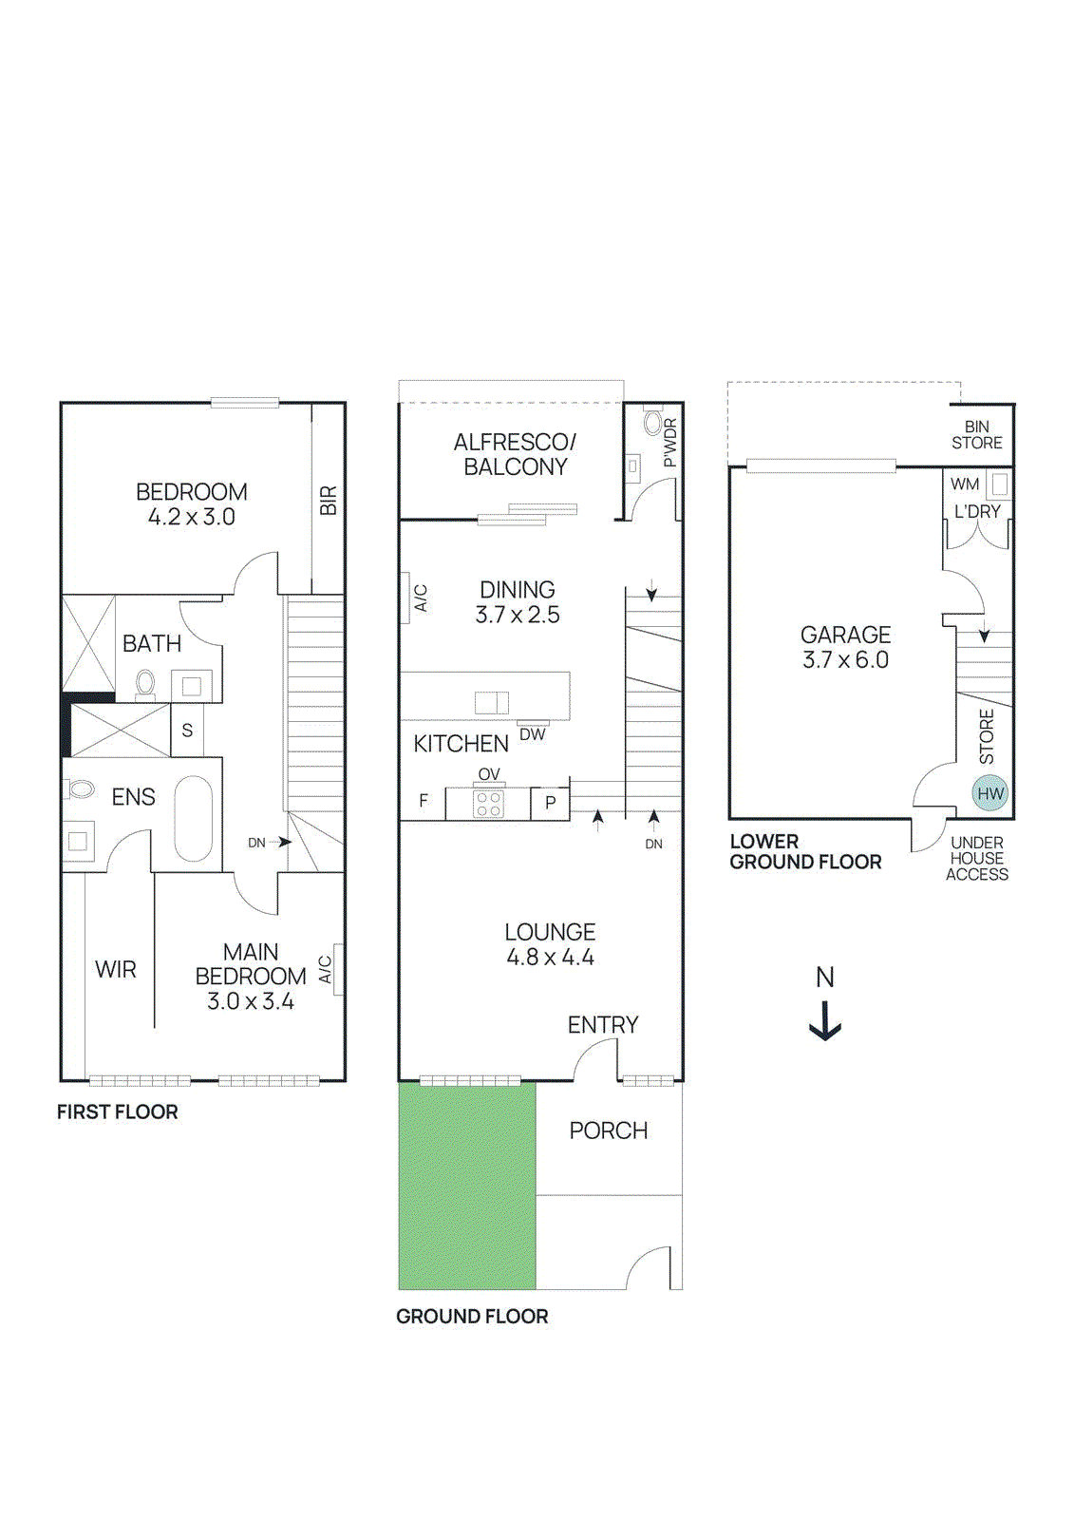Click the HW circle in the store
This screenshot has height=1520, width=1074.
coord(989,793)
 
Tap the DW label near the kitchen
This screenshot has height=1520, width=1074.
coord(533,734)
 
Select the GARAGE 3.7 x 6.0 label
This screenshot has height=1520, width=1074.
coord(845,647)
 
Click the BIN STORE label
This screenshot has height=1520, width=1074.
coord(977,435)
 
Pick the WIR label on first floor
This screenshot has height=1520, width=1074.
coord(116,970)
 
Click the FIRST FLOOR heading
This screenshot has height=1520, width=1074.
coord(117,1111)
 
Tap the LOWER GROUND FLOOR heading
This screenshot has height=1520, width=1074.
coord(805,852)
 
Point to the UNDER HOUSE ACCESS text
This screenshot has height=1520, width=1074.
coord(977,859)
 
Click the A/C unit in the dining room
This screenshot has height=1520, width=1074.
coord(405,598)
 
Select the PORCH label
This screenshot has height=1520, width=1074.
coord(609,1130)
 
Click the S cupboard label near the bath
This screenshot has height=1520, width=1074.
coord(187,730)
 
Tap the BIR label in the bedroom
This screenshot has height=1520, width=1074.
coord(329,501)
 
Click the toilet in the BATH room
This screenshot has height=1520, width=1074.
coord(145,683)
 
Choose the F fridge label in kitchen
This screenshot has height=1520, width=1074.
coord(424,801)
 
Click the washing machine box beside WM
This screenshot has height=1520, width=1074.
coord(998,484)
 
